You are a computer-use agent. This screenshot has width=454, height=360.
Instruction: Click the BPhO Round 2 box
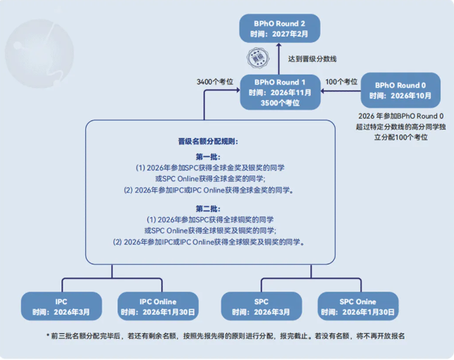pyautogui.click(x=279, y=28)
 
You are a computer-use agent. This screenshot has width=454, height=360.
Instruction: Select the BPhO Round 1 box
pyautogui.click(x=280, y=92)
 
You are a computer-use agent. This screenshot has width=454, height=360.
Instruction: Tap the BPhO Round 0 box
pyautogui.click(x=400, y=89)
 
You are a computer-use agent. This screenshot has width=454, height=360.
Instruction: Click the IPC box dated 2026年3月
pyautogui.click(x=61, y=306)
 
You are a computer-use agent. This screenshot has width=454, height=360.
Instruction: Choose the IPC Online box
pyautogui.click(x=158, y=306)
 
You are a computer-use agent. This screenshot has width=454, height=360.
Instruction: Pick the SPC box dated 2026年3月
pyautogui.click(x=262, y=306)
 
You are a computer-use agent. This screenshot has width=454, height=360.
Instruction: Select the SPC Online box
pyautogui.click(x=358, y=306)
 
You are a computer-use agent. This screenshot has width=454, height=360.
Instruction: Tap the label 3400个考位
pyautogui.click(x=216, y=82)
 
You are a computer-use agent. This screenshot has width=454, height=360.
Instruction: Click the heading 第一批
pyautogui.click(x=208, y=156)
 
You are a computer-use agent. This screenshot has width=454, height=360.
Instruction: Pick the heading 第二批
pyautogui.click(x=208, y=209)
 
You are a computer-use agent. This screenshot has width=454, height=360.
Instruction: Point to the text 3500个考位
pyautogui.click(x=280, y=103)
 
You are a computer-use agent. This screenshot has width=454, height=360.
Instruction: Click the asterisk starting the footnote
pyautogui.click(x=48, y=336)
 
